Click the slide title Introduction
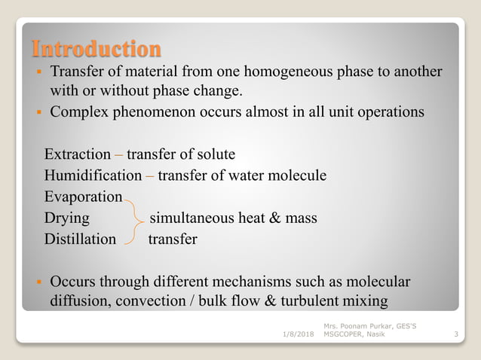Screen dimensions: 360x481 tap(97, 49)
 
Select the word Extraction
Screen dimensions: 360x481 tap(77, 154)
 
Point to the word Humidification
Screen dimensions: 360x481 tap(92, 175)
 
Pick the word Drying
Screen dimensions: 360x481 tap(66, 218)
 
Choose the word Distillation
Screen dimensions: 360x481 tap(80, 239)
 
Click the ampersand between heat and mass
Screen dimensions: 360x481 tap(274, 218)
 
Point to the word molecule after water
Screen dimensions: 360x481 tap(296, 175)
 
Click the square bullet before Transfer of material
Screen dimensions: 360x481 tap(38, 73)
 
